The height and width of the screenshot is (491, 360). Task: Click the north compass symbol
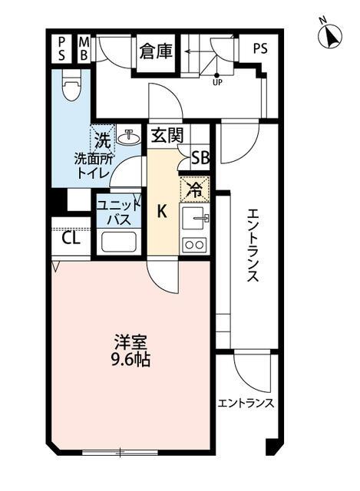331,35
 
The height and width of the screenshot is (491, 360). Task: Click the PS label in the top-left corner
61,48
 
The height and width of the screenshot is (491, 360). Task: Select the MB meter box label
83,48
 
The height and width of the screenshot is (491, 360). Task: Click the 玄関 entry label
166,137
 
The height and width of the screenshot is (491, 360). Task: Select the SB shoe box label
200,159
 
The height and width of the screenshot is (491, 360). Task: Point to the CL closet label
71,238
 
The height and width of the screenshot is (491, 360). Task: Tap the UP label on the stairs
218,83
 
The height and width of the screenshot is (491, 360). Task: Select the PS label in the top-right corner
260,47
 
